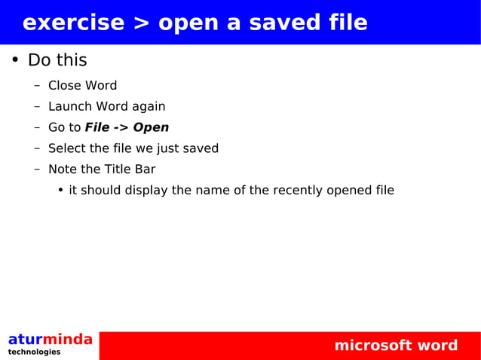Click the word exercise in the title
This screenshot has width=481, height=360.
72,23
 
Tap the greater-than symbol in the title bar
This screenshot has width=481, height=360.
141,23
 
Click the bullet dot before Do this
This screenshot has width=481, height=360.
14,60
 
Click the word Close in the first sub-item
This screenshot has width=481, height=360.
64,86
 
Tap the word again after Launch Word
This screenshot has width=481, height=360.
149,107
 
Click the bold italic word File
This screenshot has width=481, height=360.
97,127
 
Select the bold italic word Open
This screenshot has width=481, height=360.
151,127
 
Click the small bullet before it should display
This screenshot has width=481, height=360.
60,191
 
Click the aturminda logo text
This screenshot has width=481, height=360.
50,340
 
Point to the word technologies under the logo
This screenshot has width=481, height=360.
34,352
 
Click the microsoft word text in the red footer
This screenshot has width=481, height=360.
396,346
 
